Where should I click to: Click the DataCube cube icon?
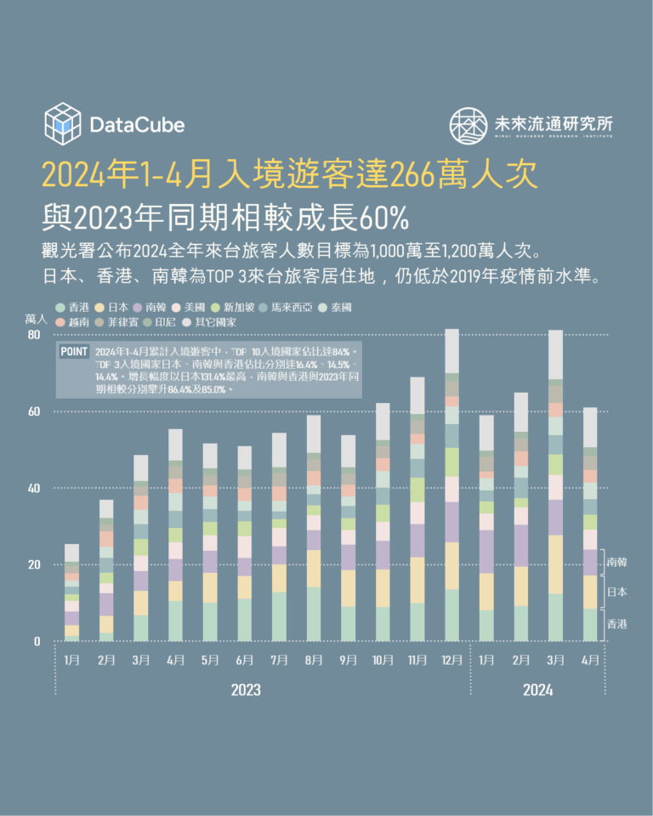click(61, 123)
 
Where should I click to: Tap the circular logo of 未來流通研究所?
click(468, 125)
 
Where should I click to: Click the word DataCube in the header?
click(136, 125)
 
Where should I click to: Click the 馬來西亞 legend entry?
click(287, 307)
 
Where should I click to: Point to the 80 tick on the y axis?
click(34, 335)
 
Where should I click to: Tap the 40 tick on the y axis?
click(34, 488)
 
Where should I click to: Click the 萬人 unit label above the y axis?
click(36, 319)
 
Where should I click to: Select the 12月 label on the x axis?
click(452, 660)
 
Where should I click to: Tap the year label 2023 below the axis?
click(246, 690)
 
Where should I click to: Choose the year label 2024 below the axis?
click(537, 690)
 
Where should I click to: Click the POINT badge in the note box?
click(75, 352)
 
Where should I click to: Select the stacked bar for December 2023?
click(452, 484)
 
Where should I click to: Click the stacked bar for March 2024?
click(556, 484)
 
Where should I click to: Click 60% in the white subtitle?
click(384, 218)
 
